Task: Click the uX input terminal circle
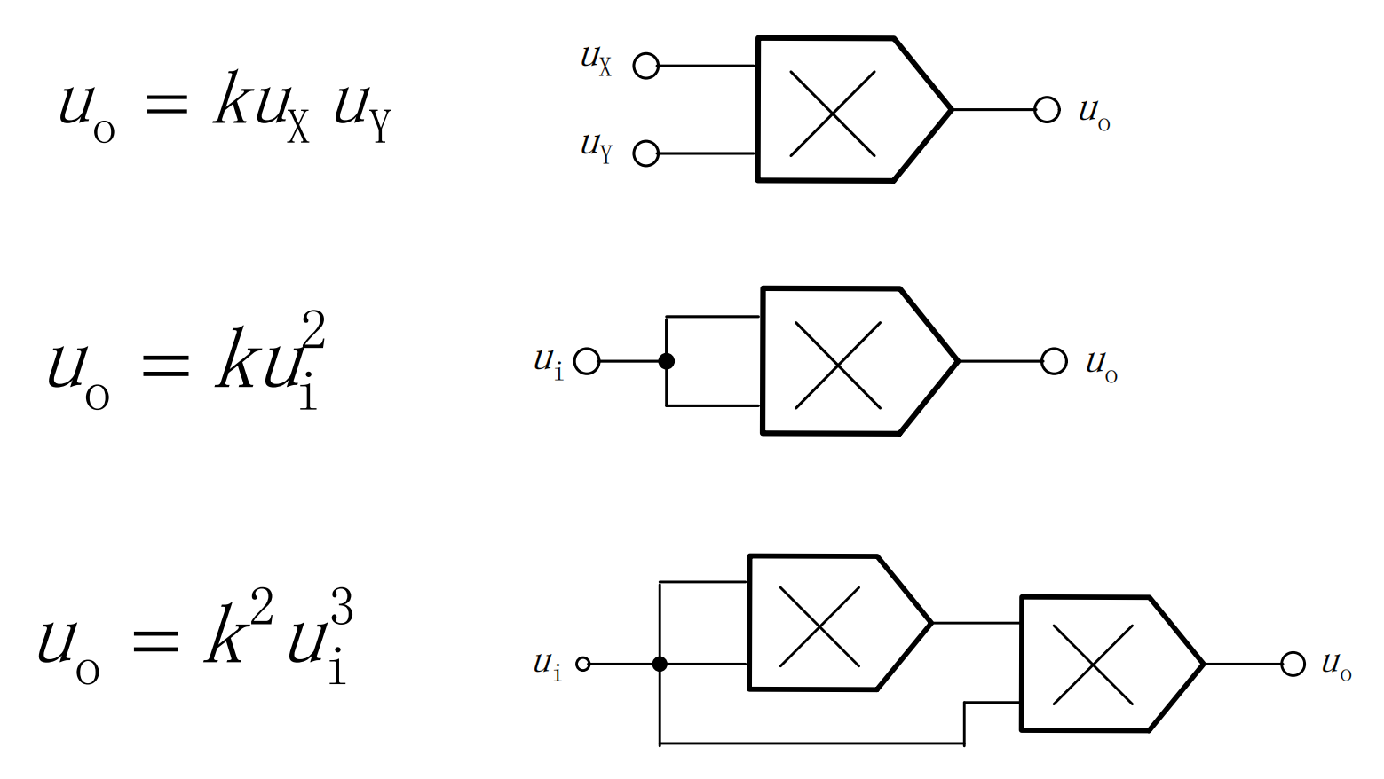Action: [646, 66]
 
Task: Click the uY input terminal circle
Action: [646, 153]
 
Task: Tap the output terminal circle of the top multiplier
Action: [1048, 110]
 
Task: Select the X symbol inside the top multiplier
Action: [832, 114]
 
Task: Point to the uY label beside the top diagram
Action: [596, 147]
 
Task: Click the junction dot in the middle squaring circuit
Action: [666, 361]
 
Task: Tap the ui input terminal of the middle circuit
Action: [587, 361]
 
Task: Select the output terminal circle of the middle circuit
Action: [1054, 361]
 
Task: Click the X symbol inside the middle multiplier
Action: [838, 366]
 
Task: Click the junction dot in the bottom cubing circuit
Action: [660, 665]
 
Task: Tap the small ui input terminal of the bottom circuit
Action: [582, 665]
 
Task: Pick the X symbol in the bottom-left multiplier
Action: [819, 626]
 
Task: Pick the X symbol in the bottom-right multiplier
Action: [1093, 665]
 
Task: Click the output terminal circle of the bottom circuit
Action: [1293, 665]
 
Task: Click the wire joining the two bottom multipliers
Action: [977, 624]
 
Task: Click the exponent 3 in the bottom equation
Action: [342, 607]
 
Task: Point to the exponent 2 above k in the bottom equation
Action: [261, 607]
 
